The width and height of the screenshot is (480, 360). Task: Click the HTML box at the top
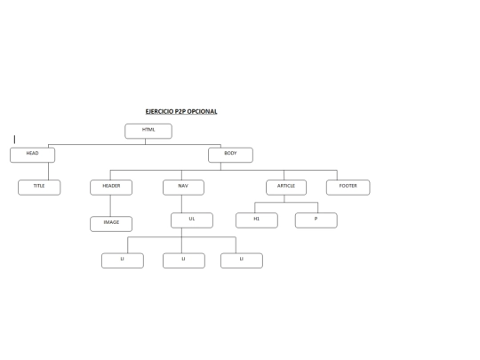click(x=148, y=132)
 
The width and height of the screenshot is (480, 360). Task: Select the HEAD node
click(x=33, y=156)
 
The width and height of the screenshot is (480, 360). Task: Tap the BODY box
click(x=230, y=156)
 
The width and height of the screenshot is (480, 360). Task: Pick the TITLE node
click(x=39, y=188)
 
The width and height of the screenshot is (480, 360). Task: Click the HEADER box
click(x=111, y=188)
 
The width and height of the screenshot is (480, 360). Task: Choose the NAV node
click(x=183, y=188)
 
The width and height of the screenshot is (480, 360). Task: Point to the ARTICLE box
click(x=286, y=188)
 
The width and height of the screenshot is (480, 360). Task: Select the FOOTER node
click(x=348, y=188)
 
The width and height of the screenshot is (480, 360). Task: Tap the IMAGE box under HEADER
click(x=111, y=224)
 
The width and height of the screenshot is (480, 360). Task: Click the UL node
click(x=192, y=220)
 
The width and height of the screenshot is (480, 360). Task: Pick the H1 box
click(x=257, y=220)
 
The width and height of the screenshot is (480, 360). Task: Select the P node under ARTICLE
click(x=316, y=220)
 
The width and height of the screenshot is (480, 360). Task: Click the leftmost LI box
click(x=123, y=260)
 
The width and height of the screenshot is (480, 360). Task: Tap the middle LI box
click(x=184, y=260)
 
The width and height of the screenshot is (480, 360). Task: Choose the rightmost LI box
click(x=242, y=260)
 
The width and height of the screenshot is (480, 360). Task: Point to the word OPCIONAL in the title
click(x=202, y=111)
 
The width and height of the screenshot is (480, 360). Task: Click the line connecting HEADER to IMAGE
click(x=110, y=205)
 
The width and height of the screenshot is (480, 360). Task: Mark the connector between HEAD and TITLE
click(x=48, y=172)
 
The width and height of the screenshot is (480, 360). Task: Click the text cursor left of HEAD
click(x=14, y=140)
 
